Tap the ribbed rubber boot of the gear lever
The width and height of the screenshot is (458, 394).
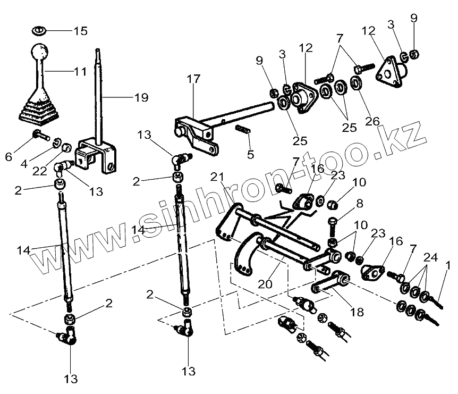coord(38,110)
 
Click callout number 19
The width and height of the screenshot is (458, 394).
coord(141,97)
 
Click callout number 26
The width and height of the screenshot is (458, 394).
coord(372,121)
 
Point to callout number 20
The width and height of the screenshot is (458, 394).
coord(265,284)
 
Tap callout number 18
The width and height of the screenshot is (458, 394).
coord(357,312)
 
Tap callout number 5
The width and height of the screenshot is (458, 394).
coord(250,154)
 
